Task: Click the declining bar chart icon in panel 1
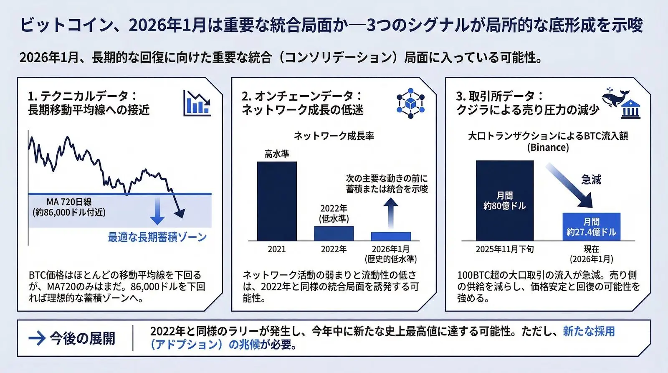[197, 103]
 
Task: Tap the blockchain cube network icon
[410, 103]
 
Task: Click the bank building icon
[630, 109]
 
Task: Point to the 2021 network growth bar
[277, 201]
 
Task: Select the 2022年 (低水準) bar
[334, 233]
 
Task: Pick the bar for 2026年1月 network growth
[391, 236]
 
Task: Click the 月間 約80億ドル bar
[504, 201]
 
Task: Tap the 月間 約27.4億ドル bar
[591, 227]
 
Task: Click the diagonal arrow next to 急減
[569, 185]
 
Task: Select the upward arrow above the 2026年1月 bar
[391, 213]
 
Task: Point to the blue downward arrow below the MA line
[157, 211]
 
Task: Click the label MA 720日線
[69, 202]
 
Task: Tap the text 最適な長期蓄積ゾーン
[157, 237]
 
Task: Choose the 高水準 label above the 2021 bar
[277, 154]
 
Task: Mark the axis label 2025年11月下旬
[504, 249]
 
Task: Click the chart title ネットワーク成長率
[334, 136]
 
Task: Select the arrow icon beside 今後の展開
[37, 338]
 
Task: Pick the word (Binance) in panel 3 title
[548, 147]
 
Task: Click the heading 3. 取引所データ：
[499, 96]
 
